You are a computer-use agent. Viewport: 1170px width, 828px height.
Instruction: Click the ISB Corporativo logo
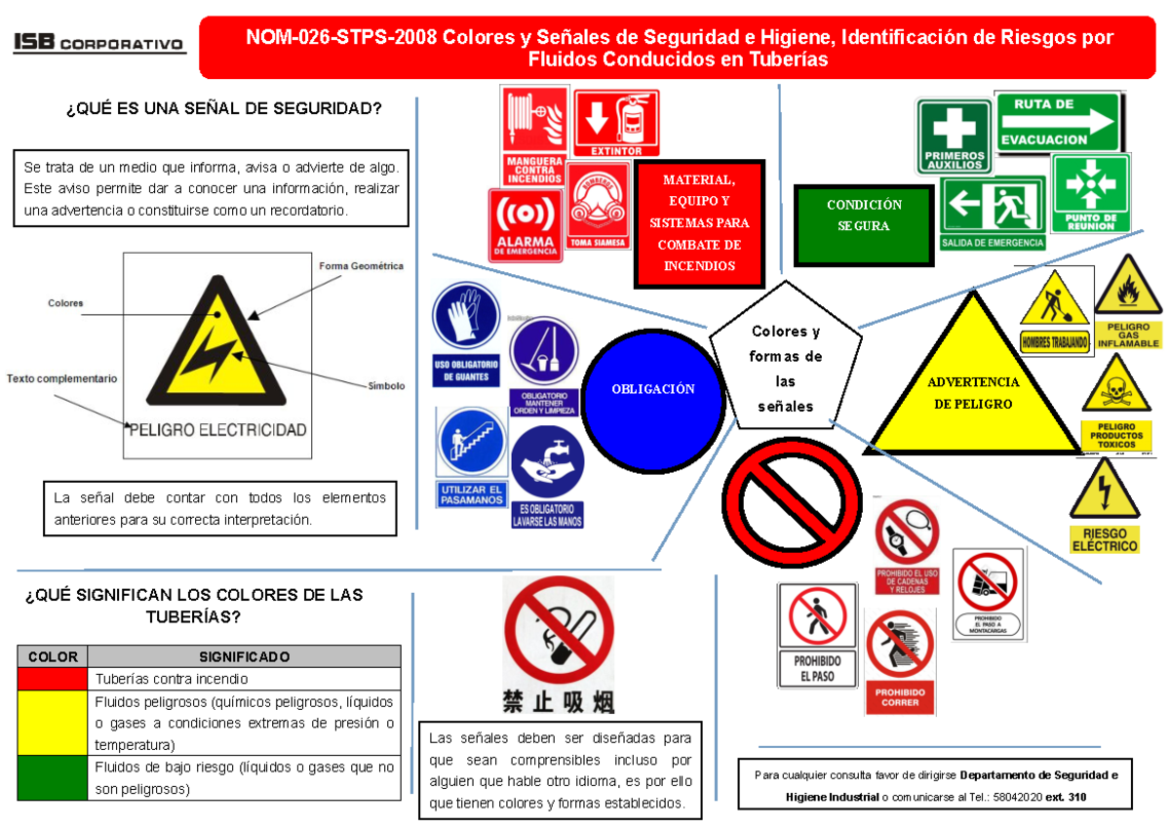click(98, 44)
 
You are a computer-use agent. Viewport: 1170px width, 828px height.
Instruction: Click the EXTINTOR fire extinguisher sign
click(617, 123)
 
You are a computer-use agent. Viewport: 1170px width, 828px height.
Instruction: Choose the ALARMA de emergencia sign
click(526, 224)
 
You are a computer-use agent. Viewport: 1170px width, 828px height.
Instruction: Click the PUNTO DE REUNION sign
click(1090, 192)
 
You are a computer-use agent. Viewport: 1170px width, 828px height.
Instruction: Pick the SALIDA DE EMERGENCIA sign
click(993, 214)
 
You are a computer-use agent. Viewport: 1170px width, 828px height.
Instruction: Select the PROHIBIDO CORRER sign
click(899, 663)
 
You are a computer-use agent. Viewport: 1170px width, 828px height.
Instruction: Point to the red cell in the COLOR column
click(54, 679)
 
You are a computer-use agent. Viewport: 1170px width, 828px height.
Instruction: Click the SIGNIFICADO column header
click(244, 656)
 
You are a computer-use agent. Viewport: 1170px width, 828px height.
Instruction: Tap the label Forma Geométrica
click(361, 265)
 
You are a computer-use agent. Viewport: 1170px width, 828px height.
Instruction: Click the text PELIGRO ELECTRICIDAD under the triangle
click(218, 429)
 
